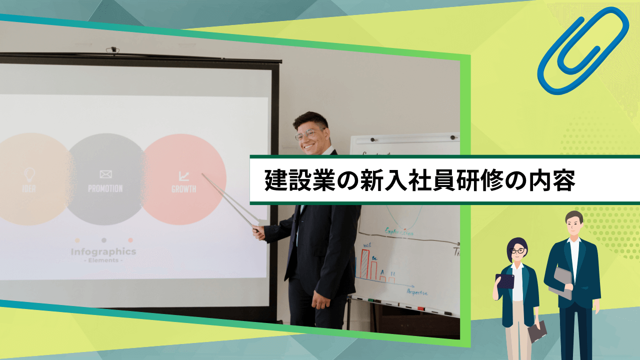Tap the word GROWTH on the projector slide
coord(183,189)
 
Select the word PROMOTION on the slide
coord(105,188)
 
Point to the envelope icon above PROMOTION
coord(105,174)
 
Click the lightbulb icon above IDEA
coord(29,174)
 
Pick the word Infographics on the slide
coord(103,251)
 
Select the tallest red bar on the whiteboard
coord(365,265)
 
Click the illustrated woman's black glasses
coord(517,251)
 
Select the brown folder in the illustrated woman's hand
coord(537,331)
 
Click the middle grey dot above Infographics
coord(103,240)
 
